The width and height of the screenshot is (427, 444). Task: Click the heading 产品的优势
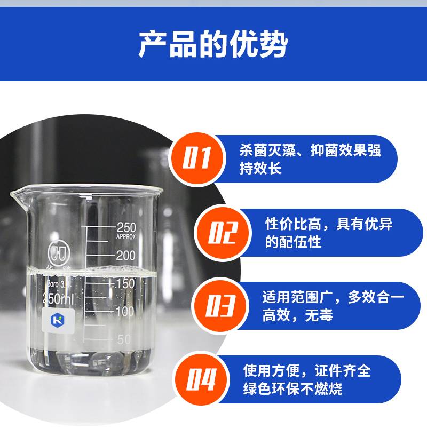[x=213, y=44]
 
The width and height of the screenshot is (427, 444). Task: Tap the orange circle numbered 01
[x=197, y=159]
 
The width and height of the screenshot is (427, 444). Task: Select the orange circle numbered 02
[x=223, y=233]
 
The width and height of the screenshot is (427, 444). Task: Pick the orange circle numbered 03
[x=220, y=306]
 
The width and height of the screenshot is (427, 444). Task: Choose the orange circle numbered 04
[x=201, y=379]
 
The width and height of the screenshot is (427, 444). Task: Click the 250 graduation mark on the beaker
[x=126, y=227]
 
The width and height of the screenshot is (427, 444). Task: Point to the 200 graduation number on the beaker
[x=126, y=256]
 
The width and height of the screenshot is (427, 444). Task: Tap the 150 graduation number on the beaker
[x=124, y=283]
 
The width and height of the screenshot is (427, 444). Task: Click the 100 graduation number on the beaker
[x=124, y=312]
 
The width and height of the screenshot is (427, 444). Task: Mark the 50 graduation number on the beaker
[x=124, y=339]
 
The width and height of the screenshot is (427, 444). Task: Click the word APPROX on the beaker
[x=126, y=237]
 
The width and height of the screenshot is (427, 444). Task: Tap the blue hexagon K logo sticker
[x=58, y=320]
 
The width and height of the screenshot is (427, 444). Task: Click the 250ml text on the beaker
[x=58, y=299]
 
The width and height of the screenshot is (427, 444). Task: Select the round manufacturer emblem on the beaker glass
[x=59, y=252]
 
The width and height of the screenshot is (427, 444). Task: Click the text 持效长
[x=260, y=169]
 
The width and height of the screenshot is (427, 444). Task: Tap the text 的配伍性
[x=293, y=242]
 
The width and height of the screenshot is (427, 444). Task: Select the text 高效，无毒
[x=298, y=315]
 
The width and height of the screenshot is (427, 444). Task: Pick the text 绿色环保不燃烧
[x=293, y=389]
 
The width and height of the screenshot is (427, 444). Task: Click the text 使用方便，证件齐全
[x=307, y=371]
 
